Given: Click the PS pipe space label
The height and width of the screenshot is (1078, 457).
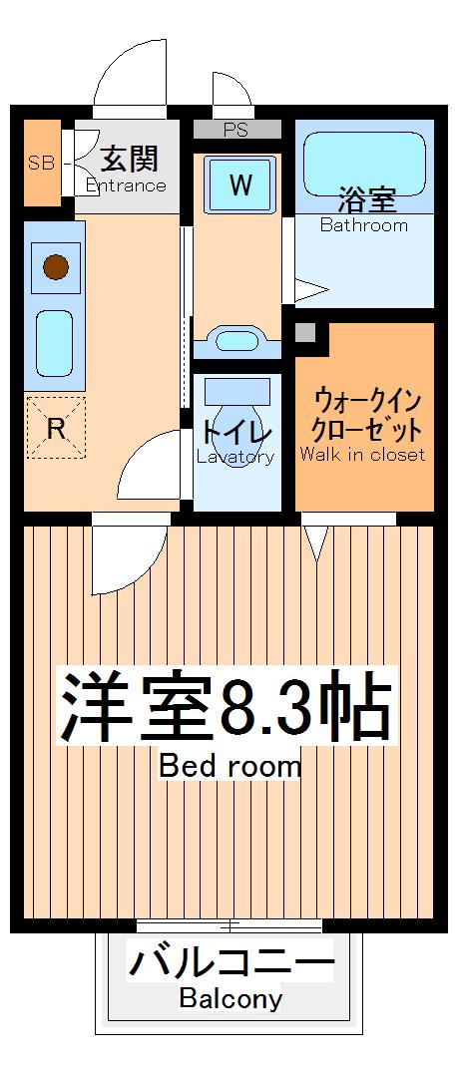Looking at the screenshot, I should (x=236, y=130).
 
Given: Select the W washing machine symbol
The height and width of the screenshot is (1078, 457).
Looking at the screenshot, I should (x=239, y=184).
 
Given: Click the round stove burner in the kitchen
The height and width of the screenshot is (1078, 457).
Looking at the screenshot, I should (x=55, y=267).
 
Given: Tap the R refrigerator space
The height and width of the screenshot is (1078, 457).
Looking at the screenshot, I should (x=56, y=429).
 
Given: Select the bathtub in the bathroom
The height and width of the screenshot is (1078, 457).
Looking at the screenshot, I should (x=364, y=160).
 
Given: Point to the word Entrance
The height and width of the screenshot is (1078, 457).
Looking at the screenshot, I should (x=126, y=185).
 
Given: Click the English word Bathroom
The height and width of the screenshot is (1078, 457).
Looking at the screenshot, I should (x=364, y=225).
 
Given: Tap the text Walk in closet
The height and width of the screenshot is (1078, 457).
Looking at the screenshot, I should (x=362, y=455).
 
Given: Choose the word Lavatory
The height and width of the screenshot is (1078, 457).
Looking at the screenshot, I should (x=235, y=458).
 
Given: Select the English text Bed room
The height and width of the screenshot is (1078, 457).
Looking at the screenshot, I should (x=229, y=767).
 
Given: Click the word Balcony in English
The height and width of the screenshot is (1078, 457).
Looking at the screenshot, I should (x=230, y=998).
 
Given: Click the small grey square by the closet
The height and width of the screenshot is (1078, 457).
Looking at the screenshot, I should (x=306, y=332).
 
